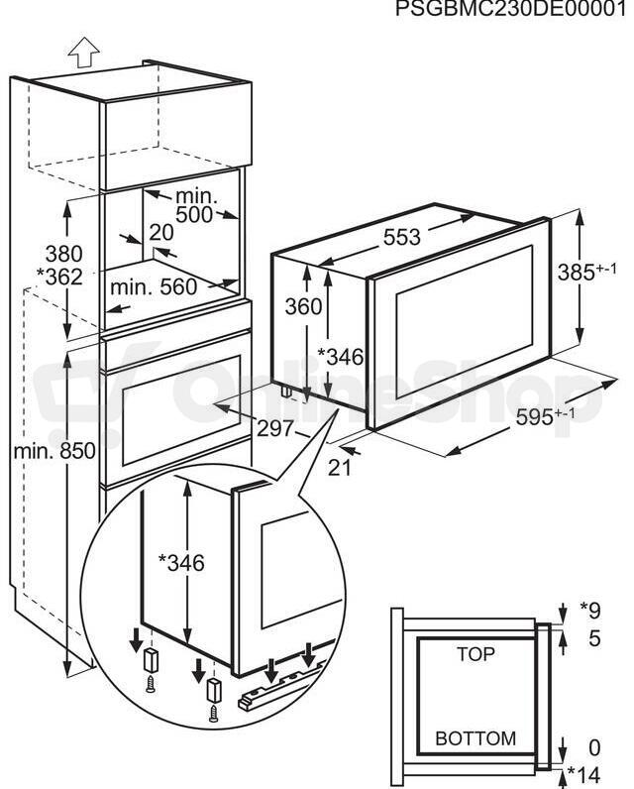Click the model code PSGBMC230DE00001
(x=511, y=9)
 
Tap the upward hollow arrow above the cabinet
(x=83, y=53)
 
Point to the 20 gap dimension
(x=161, y=233)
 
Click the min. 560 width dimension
(x=154, y=286)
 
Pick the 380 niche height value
(x=63, y=254)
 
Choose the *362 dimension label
(x=59, y=277)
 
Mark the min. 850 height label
(x=54, y=451)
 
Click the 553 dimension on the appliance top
(x=402, y=237)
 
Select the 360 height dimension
(x=303, y=306)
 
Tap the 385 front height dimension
(x=586, y=272)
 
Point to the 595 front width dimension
(x=546, y=416)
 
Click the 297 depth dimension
(x=275, y=428)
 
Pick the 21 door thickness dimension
(x=341, y=468)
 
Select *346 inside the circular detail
(x=181, y=563)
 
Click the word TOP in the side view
(x=475, y=654)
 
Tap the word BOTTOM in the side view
(x=475, y=738)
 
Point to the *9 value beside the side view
(x=590, y=611)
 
